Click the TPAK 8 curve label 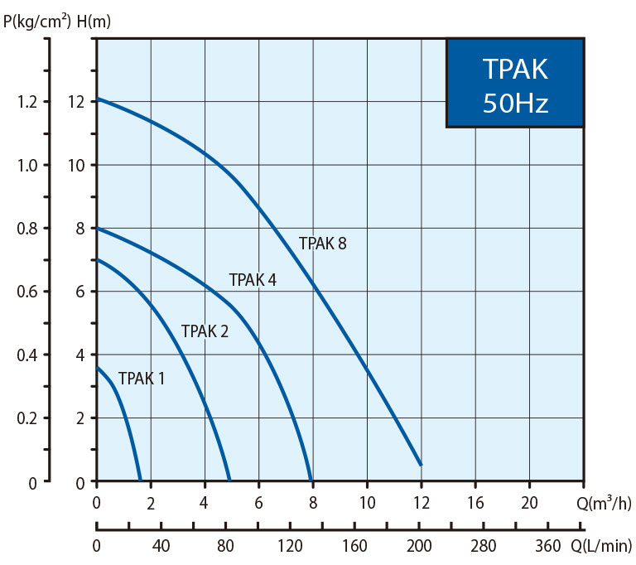click(x=322, y=244)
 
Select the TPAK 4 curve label click(x=252, y=280)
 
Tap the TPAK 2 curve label click(x=205, y=331)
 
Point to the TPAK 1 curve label click(x=142, y=379)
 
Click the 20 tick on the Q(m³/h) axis click(x=529, y=502)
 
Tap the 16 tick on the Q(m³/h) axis click(x=475, y=502)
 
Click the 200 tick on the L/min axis click(x=421, y=547)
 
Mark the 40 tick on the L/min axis click(x=161, y=547)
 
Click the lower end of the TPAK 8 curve click(x=421, y=465)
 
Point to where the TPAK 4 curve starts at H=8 click(x=98, y=228)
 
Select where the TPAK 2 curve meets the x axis click(x=229, y=480)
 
